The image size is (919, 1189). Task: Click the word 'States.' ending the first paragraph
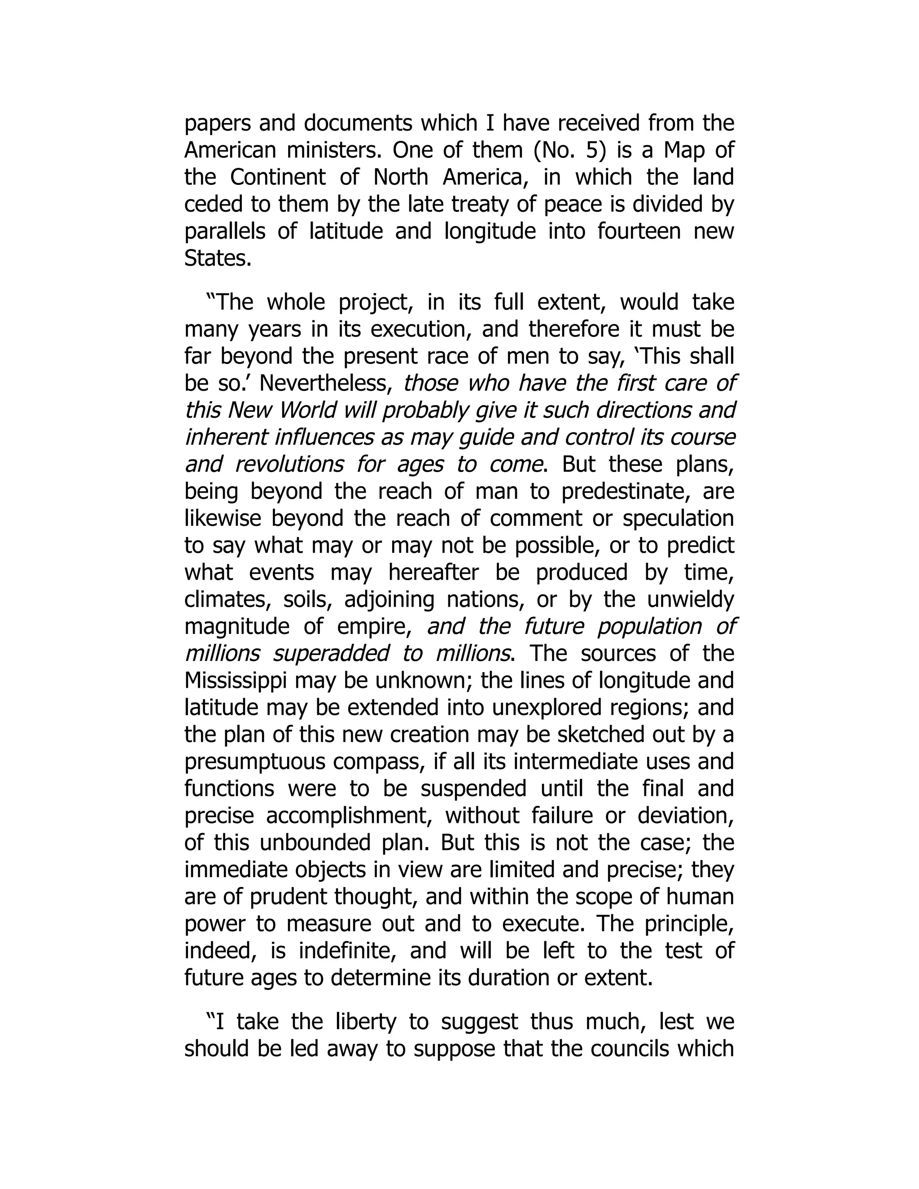tap(218, 258)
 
